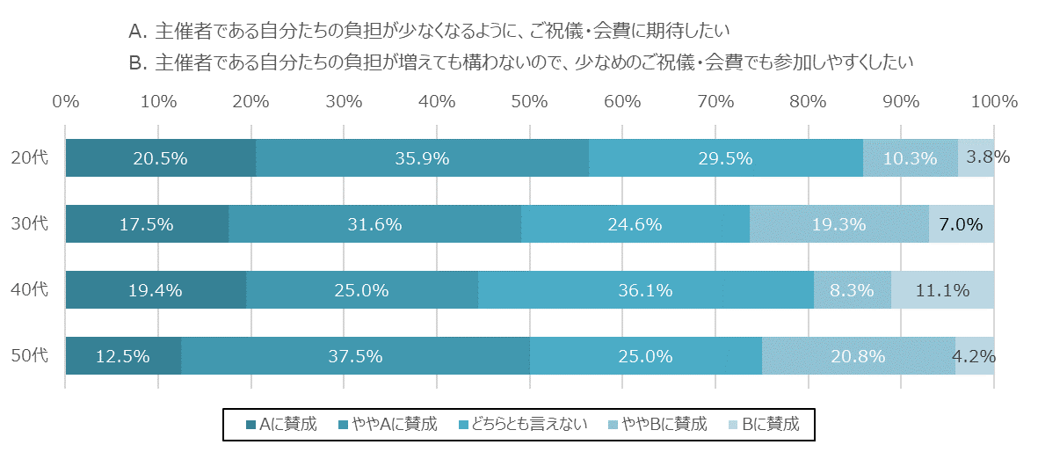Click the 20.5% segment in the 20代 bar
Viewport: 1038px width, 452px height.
(160, 158)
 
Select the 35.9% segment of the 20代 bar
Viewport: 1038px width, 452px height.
(422, 158)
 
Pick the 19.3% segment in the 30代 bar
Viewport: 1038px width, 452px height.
(839, 224)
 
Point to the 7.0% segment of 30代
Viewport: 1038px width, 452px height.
(962, 224)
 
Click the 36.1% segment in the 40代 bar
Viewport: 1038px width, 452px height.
(646, 290)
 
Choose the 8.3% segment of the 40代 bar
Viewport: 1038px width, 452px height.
(853, 290)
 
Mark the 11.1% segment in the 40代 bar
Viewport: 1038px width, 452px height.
(942, 290)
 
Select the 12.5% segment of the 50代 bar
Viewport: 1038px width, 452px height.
(123, 356)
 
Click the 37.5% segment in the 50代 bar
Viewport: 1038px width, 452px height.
(355, 356)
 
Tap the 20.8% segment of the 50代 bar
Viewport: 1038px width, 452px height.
(858, 356)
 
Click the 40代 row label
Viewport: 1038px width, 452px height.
(29, 289)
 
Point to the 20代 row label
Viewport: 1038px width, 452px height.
(29, 158)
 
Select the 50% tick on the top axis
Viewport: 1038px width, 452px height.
(529, 101)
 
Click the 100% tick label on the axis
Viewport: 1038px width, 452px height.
(993, 101)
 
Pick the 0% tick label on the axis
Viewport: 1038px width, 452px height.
(66, 101)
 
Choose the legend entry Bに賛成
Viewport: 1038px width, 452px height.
(770, 424)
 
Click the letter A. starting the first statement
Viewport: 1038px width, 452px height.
(136, 33)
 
